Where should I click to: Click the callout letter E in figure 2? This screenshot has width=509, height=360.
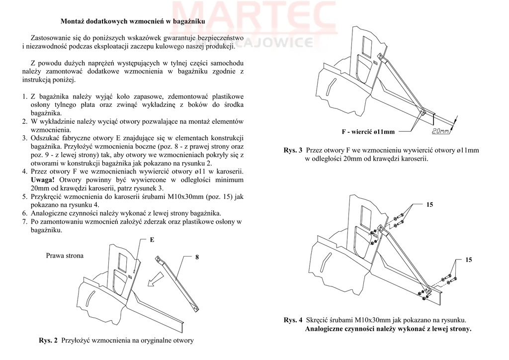coord(152,240)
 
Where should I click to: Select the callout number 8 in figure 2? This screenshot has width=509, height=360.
coord(197,257)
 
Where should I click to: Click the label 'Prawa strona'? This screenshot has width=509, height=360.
coord(65,256)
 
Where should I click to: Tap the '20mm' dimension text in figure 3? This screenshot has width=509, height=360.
coord(440,131)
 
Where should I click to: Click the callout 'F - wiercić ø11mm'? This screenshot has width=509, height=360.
coord(368,132)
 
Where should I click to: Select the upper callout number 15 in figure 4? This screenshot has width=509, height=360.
coord(430,204)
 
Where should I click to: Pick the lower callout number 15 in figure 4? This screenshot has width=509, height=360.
coord(469,260)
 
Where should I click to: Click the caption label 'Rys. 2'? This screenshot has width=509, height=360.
coord(48,341)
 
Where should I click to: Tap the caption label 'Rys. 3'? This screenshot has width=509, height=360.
coord(293,150)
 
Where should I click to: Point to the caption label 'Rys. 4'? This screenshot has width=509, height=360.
coord(293,320)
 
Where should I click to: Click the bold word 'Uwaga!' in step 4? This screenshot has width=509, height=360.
coord(43,180)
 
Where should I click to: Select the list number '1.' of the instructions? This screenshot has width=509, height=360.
coord(25,95)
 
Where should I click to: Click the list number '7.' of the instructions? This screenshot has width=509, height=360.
coord(25,222)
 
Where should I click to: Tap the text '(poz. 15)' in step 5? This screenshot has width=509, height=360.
coord(220,196)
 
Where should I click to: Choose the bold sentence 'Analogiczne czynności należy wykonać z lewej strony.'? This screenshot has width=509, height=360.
coord(388,329)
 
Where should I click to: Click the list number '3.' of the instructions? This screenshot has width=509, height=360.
coord(25,138)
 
